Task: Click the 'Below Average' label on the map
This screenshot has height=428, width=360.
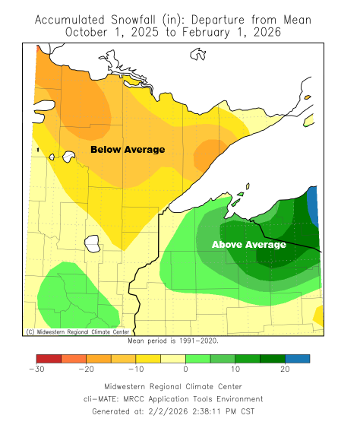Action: (128, 150)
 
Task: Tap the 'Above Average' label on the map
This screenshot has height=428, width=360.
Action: (248, 245)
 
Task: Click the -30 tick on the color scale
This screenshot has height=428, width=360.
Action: (36, 369)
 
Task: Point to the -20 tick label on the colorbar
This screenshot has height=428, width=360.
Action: (85, 369)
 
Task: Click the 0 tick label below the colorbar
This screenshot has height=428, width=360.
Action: (185, 369)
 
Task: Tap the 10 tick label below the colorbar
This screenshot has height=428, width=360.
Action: (235, 369)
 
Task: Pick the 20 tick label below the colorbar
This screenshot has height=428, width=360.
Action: (285, 369)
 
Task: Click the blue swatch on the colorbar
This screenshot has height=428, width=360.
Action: (298, 358)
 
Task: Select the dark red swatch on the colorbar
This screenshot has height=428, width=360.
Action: (48, 358)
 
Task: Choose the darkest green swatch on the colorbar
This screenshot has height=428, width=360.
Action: (273, 358)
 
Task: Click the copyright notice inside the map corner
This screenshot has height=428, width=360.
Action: (78, 331)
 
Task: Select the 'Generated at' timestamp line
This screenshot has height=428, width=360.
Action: (180, 411)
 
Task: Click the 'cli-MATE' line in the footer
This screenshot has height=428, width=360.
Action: (180, 398)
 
